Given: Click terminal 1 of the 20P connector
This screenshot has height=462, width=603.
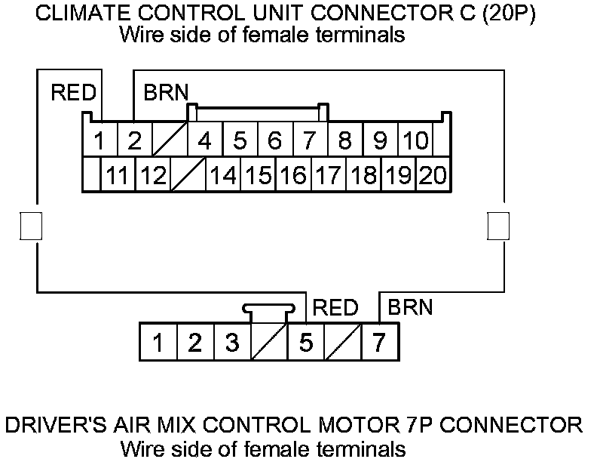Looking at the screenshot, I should click(x=99, y=140).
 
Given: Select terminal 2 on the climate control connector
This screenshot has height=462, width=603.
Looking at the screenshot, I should click(x=133, y=140).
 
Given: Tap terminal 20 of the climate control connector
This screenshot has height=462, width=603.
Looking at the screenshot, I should click(x=433, y=176).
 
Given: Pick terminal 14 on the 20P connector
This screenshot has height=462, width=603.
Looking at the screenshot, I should click(x=222, y=176).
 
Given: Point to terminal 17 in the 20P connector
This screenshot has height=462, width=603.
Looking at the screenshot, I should click(x=328, y=176).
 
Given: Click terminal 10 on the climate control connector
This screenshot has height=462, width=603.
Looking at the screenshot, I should click(x=415, y=140).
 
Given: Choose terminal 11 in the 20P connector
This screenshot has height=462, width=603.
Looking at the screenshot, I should click(x=117, y=176).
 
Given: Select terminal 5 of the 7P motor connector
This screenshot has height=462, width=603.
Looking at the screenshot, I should click(x=306, y=343).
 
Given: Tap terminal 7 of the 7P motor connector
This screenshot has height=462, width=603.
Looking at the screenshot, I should click(x=379, y=343).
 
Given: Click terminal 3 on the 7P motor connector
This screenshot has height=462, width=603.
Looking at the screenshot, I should click(x=232, y=343).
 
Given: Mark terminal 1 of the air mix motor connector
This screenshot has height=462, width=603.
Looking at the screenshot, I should click(x=158, y=343).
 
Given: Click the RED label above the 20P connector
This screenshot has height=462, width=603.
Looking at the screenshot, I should click(x=73, y=93).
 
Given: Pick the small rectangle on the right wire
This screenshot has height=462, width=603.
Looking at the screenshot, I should click(x=498, y=226).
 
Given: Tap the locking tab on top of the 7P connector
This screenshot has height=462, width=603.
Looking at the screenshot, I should click(x=268, y=310).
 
